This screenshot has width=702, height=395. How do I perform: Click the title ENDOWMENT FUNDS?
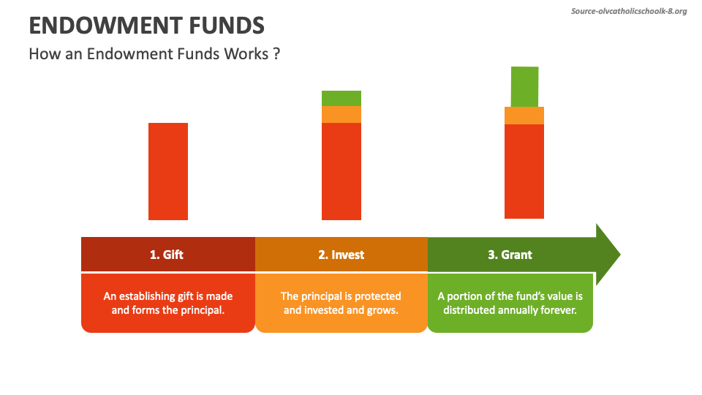pos(146,26)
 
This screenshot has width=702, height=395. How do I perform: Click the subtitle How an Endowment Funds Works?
pos(154,54)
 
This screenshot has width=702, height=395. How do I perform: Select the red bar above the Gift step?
pos(168,171)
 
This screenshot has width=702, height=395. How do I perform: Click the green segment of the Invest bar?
pos(341,98)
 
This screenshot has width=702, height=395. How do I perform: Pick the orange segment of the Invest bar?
pos(341,114)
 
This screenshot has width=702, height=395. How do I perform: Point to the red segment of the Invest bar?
pos(341,171)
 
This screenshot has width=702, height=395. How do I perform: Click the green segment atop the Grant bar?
pos(524,86)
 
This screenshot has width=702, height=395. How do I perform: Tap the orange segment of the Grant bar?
pos(524,116)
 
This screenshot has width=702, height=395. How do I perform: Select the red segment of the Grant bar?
pos(524,171)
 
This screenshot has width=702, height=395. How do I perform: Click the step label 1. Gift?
pos(167,255)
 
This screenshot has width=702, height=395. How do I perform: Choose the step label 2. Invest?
pos(341,255)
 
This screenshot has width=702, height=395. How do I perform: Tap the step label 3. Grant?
pos(510,255)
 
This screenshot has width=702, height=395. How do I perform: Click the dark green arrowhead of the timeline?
pos(607,255)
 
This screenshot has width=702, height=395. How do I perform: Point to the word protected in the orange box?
pos(377,296)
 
